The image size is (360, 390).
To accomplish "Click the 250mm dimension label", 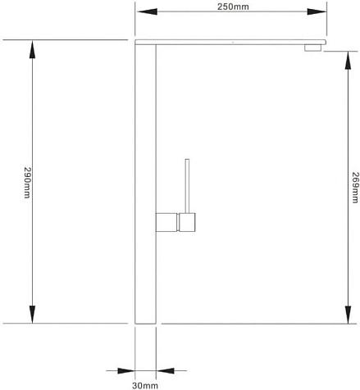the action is [x=233, y=7].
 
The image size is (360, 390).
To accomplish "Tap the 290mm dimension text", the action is [x=27, y=183].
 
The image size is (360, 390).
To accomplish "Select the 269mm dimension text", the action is [x=355, y=188].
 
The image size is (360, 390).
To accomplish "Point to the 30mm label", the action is [x=145, y=386].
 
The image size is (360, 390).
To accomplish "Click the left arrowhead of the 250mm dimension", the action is [x=147, y=11].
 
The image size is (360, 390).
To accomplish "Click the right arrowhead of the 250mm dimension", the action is [x=317, y=11].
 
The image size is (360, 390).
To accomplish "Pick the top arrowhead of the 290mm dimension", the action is [x=32, y=49].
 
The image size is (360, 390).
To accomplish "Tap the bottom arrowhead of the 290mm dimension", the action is [x=32, y=315].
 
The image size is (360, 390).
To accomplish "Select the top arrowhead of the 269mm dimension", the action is [x=348, y=61].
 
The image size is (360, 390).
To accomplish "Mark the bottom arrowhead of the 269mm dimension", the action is [x=348, y=315].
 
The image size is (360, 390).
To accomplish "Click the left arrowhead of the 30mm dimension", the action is [x=126, y=370].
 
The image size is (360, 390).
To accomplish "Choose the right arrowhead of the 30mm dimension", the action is [x=165, y=370].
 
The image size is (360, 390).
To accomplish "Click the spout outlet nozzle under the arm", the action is [x=312, y=48].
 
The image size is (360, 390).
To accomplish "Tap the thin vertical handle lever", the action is [x=187, y=186].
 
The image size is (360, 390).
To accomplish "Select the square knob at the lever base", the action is [x=187, y=222].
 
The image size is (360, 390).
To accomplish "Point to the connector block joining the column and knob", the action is [x=166, y=222].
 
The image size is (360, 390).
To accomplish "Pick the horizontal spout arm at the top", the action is [x=230, y=42].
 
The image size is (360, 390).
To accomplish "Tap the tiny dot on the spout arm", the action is [x=233, y=43].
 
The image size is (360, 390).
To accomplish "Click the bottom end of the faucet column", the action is [x=145, y=324].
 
